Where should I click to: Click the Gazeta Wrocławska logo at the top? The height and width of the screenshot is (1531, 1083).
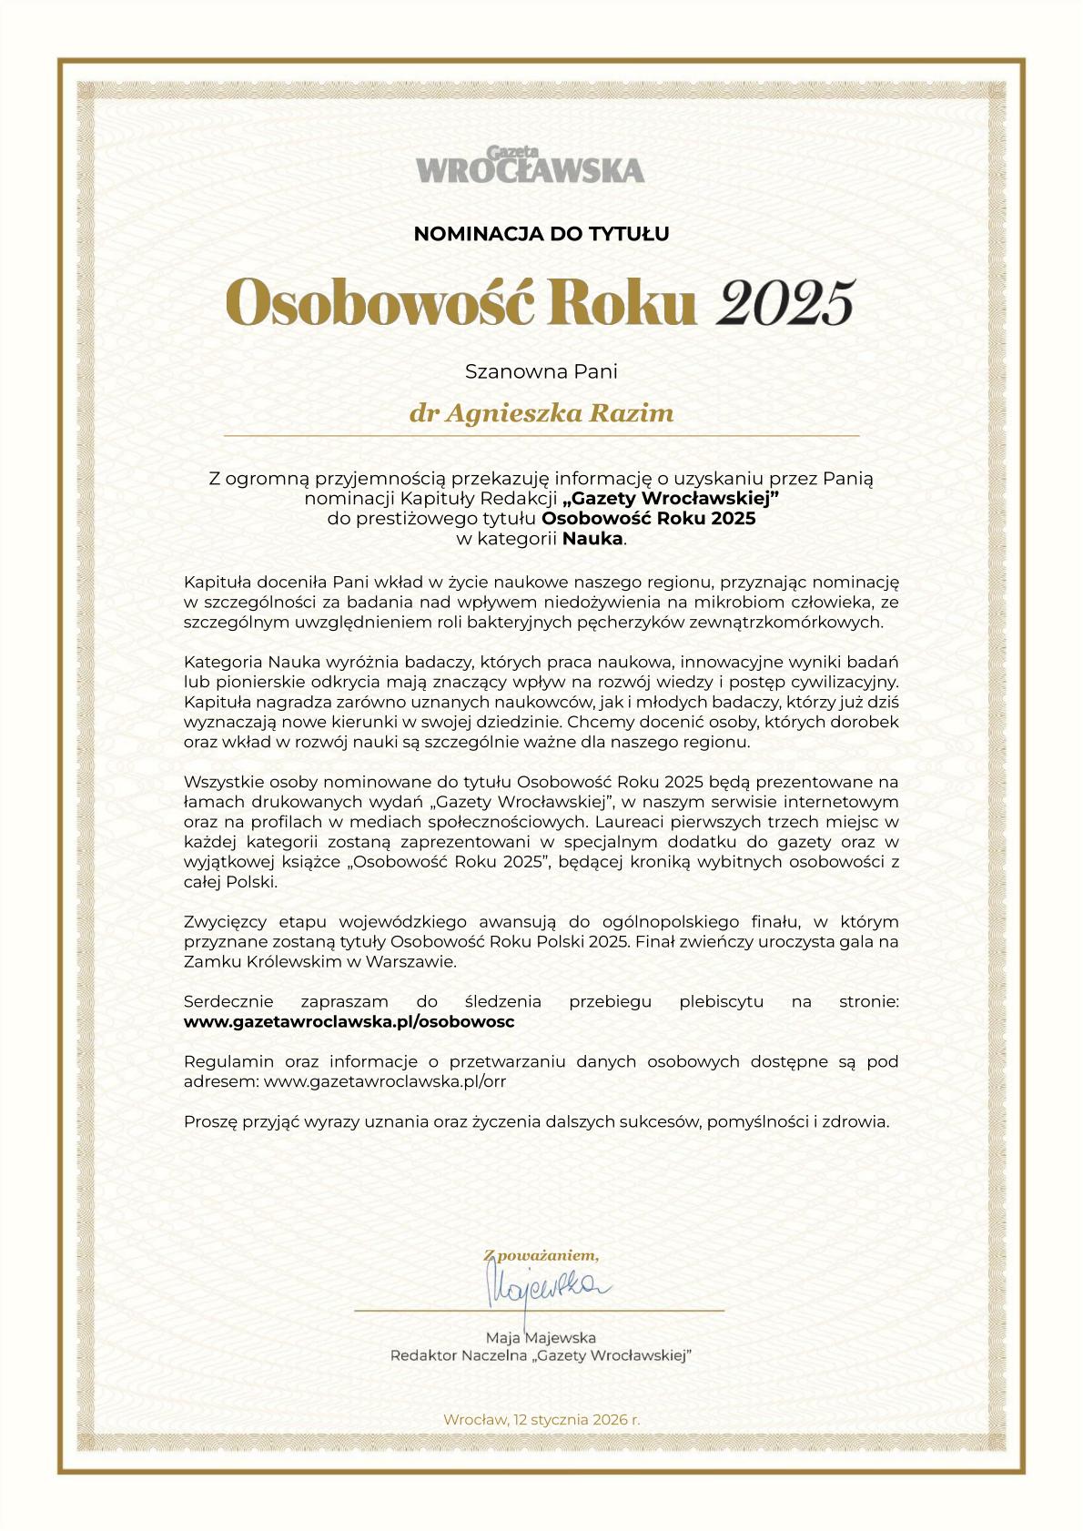point(531,165)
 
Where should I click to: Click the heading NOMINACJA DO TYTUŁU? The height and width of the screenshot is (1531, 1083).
point(541,234)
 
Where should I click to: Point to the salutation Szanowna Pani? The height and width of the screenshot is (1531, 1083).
point(541,371)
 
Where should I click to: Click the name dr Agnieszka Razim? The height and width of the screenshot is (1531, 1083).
point(541,413)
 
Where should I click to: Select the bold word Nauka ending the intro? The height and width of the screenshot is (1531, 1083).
point(592,539)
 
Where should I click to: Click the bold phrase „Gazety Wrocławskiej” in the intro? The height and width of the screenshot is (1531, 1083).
point(672,499)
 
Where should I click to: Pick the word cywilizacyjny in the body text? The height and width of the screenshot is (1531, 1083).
point(843,682)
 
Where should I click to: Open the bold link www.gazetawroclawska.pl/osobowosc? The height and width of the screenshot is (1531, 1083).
point(349,1021)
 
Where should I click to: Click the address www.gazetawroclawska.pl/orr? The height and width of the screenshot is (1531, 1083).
point(384,1081)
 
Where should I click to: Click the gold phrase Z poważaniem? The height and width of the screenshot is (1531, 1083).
point(541,1256)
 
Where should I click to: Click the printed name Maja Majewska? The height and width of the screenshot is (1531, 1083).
point(541,1337)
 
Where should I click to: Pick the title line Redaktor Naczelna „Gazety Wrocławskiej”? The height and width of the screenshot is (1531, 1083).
point(541,1356)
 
